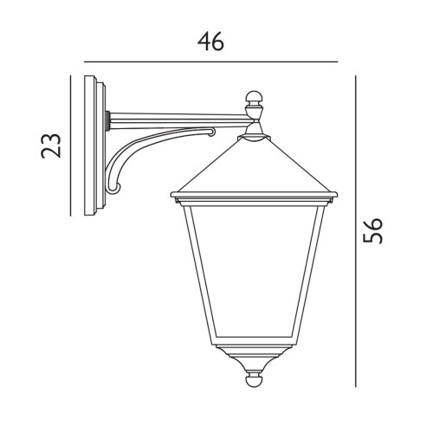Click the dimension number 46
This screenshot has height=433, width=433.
pos(210,42)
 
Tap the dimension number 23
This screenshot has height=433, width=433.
pos(51,145)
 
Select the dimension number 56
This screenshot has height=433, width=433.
pos(372,231)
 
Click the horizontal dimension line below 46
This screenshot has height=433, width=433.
pos(210,61)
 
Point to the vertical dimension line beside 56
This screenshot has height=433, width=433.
pos(356,231)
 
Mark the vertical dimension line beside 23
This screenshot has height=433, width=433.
pos(70,145)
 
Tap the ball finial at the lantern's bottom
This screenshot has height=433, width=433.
pos(254,381)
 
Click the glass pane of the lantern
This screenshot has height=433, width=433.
pos(254,271)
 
